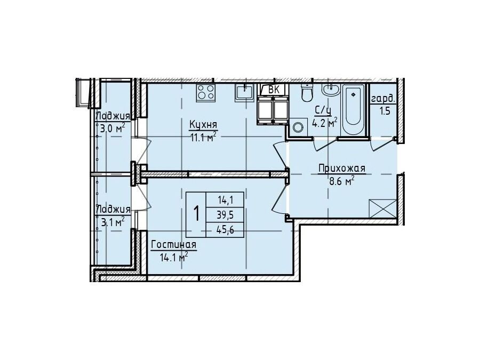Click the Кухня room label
coord(203,125)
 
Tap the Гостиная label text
coord(174,245)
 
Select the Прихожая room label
coord(342,169)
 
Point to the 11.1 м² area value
coord(204,137)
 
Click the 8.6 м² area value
coord(342,181)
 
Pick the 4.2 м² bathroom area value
coord(324,123)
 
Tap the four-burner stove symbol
coord(205,92)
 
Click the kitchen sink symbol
coord(244,92)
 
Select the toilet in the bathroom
coord(306,92)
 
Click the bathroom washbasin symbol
coord(330,90)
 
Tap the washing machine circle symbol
coord(297,126)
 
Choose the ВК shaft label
coord(274,90)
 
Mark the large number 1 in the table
coord(196,214)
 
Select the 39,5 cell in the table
coord(225,215)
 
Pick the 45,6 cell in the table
coord(225,230)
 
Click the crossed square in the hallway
coord(382,209)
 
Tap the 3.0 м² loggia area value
coord(113,128)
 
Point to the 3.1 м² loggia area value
coord(113,222)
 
